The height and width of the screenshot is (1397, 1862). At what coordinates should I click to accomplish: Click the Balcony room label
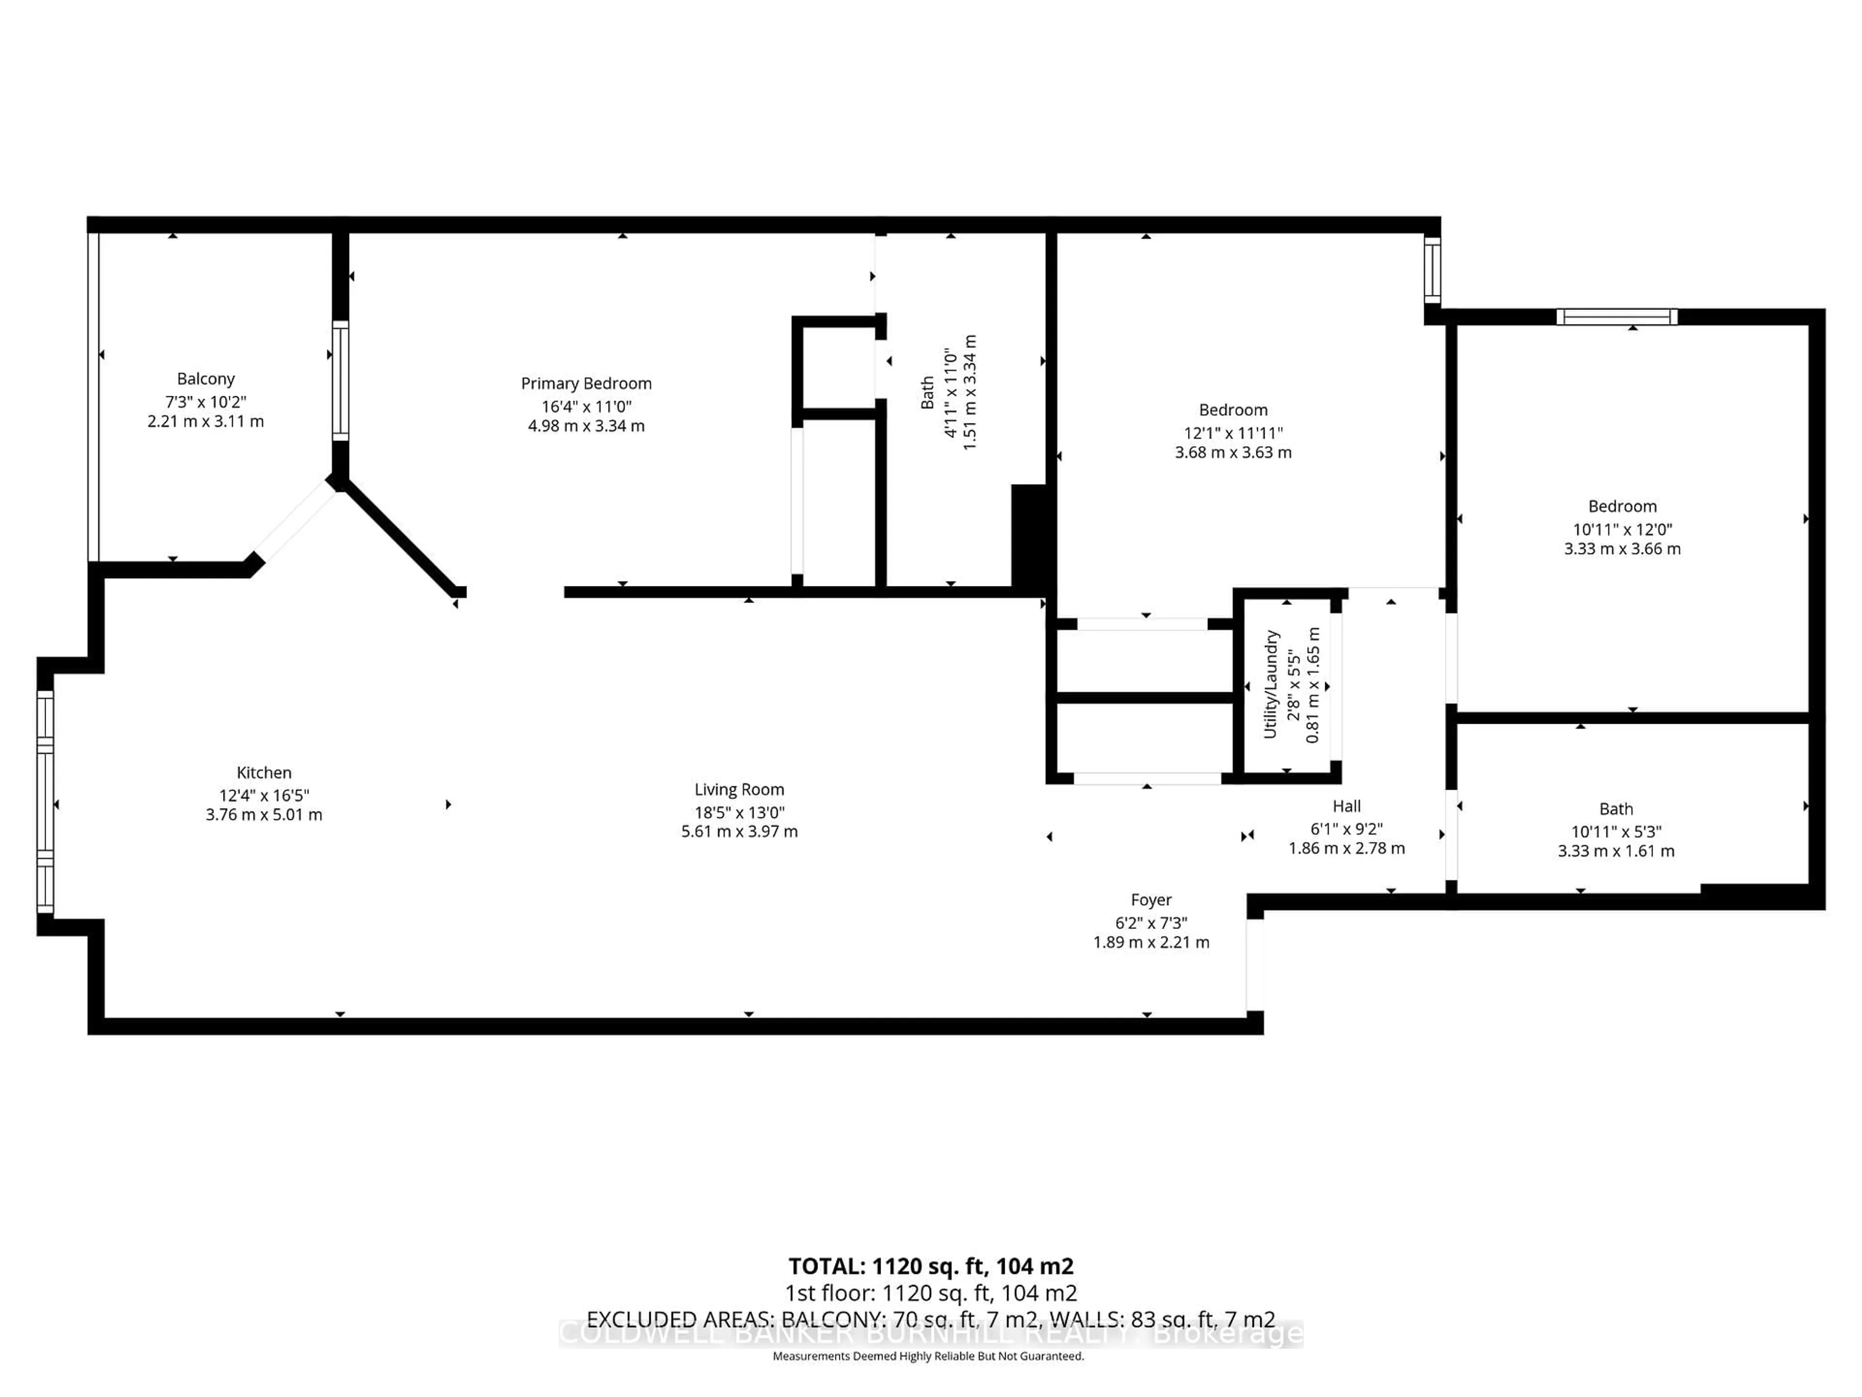[206, 379]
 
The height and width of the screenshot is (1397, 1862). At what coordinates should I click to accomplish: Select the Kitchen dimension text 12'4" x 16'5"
[263, 795]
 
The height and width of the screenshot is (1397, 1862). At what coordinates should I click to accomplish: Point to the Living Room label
[739, 790]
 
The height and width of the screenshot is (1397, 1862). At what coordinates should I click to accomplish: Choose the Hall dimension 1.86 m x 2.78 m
[1346, 848]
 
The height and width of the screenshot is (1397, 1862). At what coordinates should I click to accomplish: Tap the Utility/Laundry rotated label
[1270, 684]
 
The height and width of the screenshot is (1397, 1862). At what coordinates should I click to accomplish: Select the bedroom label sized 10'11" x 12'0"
[1622, 506]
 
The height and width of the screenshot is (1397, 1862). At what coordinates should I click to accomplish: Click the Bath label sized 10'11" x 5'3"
[1615, 809]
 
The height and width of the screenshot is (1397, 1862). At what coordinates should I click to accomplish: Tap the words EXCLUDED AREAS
[680, 1319]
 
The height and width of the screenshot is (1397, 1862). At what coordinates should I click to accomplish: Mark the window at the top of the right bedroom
[1616, 317]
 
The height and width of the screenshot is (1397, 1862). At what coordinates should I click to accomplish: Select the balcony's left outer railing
[94, 396]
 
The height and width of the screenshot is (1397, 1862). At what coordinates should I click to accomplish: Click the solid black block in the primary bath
[1028, 534]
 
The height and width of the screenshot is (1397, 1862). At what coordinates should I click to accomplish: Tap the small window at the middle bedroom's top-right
[1432, 270]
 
